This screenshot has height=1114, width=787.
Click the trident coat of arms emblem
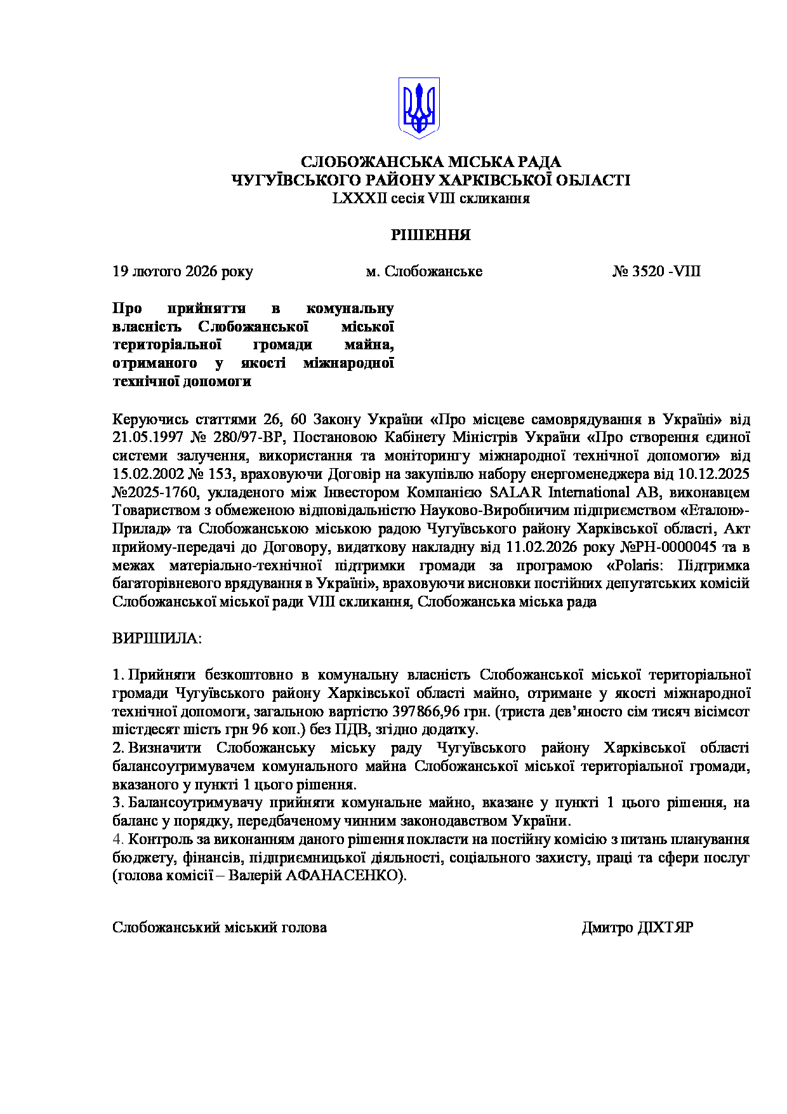(x=419, y=108)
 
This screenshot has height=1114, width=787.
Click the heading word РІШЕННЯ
(x=430, y=235)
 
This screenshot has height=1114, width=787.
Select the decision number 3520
(x=648, y=272)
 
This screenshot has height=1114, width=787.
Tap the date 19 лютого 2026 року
(x=183, y=272)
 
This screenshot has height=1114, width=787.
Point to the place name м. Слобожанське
(x=424, y=272)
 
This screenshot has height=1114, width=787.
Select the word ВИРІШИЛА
(x=156, y=638)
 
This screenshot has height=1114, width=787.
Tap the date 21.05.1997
(x=147, y=438)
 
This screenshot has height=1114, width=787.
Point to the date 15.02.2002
(x=147, y=474)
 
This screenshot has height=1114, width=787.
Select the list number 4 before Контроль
(x=117, y=839)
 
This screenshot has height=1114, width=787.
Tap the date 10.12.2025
(x=714, y=474)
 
